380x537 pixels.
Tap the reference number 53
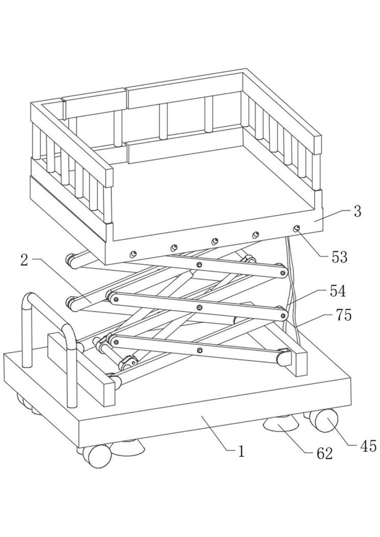[x=339, y=257]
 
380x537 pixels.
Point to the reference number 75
[x=344, y=315]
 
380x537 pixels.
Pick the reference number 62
[x=324, y=453]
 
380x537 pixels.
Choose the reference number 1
[x=241, y=452]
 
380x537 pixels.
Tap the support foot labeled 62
[x=281, y=425]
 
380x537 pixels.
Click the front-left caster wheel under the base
[x=98, y=456]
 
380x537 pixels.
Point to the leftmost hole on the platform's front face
[x=133, y=254]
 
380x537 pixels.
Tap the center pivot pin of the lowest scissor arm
[x=200, y=350]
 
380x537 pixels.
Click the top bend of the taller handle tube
[x=29, y=297]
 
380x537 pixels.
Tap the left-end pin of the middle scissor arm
[x=116, y=299]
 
